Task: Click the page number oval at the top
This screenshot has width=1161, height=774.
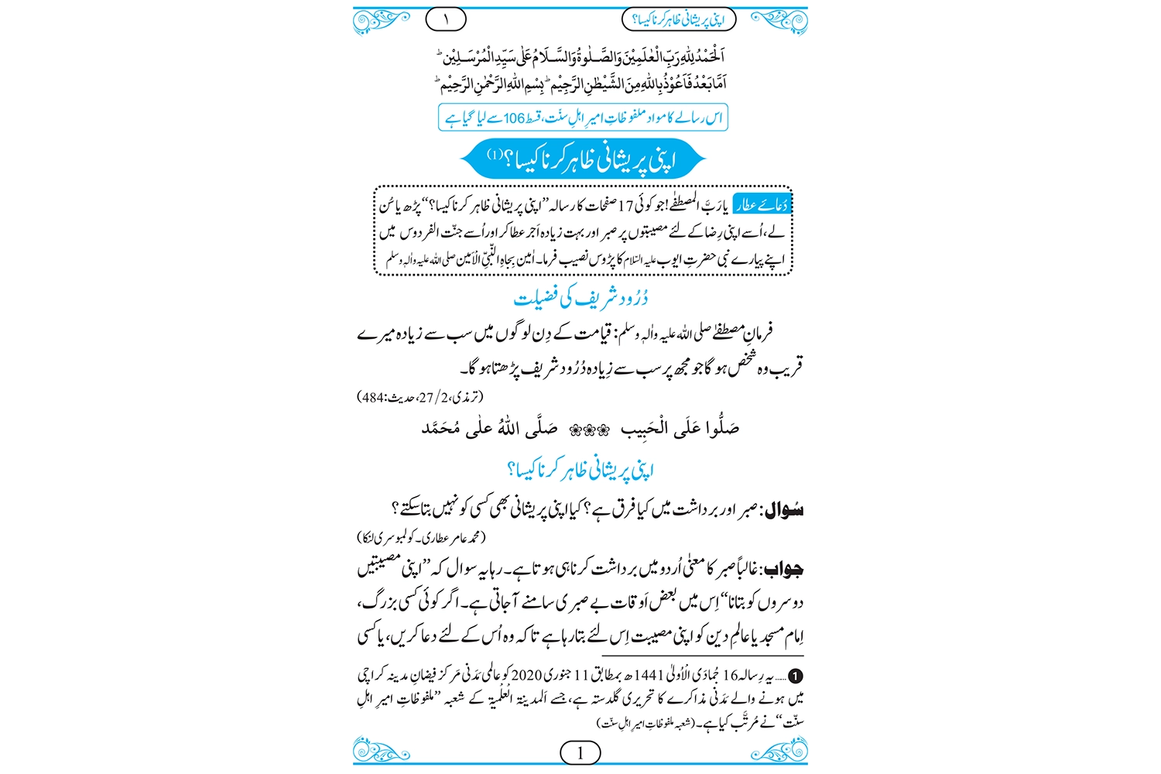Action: [x=446, y=19]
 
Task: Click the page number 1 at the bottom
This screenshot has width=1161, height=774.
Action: [x=580, y=752]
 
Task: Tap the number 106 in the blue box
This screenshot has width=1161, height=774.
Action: [x=515, y=118]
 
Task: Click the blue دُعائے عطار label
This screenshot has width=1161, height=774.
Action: [x=762, y=204]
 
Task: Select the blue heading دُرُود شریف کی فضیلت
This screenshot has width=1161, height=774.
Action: [x=580, y=298]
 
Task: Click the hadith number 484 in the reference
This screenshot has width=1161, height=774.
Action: [x=374, y=398]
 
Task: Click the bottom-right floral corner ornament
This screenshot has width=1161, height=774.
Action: [x=780, y=751]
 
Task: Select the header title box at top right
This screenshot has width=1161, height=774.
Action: [x=679, y=19]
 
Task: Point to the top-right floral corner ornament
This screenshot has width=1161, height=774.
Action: [x=780, y=20]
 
